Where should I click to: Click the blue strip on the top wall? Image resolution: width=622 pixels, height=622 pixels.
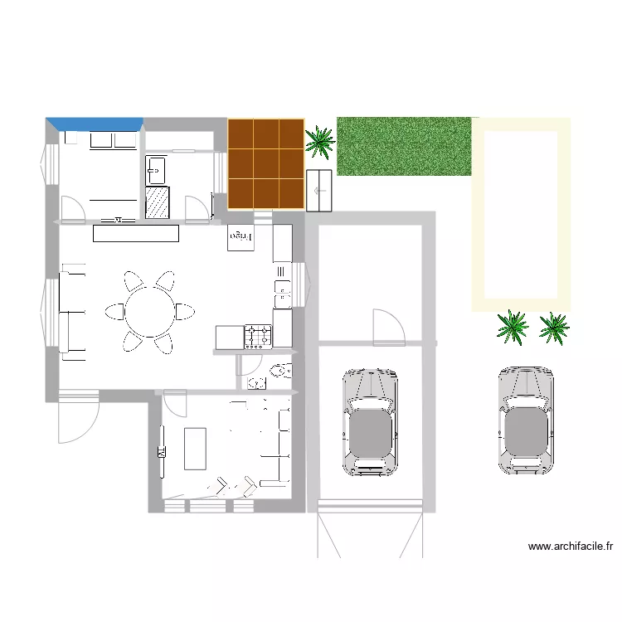coord(95,124)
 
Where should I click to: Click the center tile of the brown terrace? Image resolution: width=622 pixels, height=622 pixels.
coord(266,163)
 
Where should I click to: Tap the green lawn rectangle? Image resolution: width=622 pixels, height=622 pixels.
coord(404,146)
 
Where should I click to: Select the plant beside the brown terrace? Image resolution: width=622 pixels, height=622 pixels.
coord(319,141)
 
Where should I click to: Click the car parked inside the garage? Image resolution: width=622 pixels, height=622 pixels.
coord(370,422)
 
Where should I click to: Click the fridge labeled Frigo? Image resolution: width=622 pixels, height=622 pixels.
coord(239,237)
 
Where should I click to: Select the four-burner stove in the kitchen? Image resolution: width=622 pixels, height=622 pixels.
coord(258,336)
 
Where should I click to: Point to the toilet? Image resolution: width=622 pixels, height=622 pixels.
coord(281,370)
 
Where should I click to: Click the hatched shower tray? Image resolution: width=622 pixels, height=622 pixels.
coord(157,202)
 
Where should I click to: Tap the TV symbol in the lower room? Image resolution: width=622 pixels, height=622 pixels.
coord(161,452)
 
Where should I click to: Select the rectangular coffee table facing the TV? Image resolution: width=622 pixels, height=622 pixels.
coord(195,448)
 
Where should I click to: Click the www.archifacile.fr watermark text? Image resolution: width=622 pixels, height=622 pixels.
coord(570,547)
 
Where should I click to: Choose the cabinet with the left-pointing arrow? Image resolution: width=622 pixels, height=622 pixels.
coord(319,191)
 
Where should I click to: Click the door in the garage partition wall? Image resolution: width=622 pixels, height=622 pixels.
coord(388,328)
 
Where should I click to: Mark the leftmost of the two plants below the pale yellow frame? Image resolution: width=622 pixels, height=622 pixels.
coord(513,328)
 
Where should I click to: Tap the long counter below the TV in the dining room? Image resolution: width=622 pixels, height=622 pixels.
coord(136,234)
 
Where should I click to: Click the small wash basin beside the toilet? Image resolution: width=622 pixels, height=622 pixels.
coord(257,382)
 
